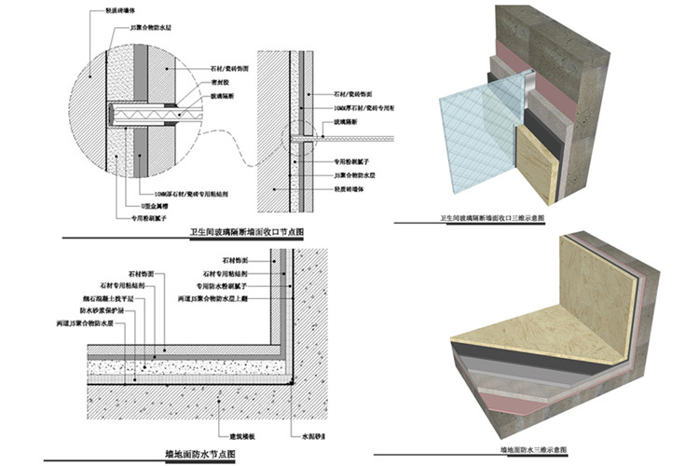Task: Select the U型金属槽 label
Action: [132, 203]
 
